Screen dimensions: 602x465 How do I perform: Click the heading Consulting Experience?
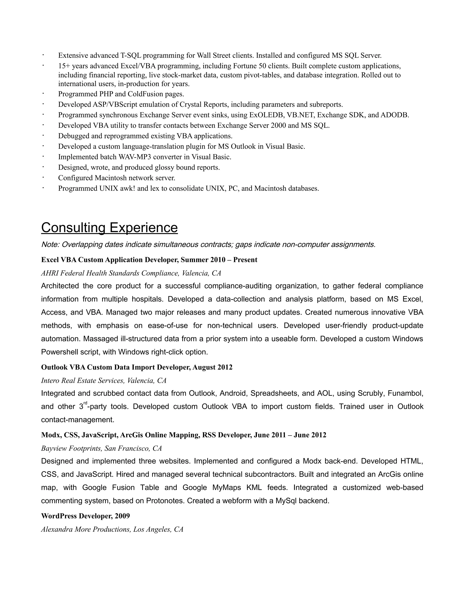tap(109, 228)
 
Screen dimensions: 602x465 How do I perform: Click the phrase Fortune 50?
tap(249, 66)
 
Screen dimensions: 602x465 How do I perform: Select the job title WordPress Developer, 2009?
tap(85, 516)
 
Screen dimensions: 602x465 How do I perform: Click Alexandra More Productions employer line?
tap(112, 529)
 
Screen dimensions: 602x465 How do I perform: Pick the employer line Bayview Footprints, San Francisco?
tap(101, 448)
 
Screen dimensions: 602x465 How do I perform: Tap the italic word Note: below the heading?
tap(50, 244)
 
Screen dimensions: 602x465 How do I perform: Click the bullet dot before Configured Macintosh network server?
tap(43, 177)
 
